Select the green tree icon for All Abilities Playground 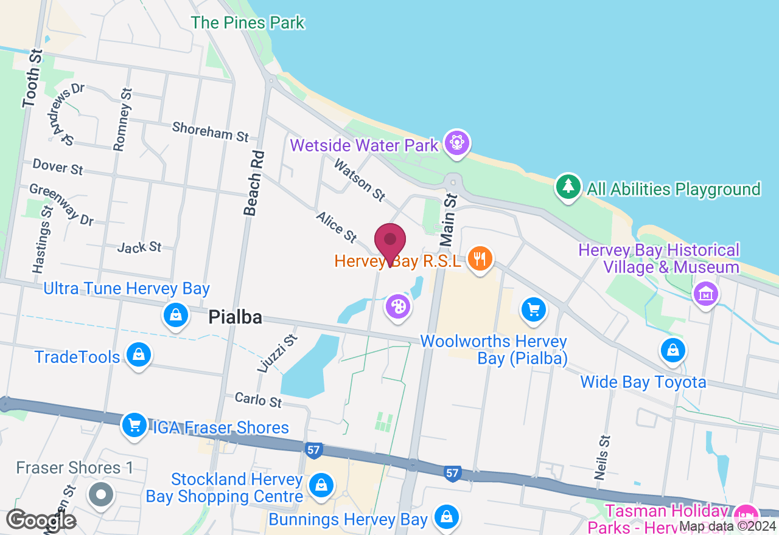click(x=568, y=187)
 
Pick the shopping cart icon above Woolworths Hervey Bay click(x=534, y=310)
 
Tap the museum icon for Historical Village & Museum click(x=706, y=294)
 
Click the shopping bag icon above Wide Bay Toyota click(x=673, y=350)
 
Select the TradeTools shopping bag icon click(x=139, y=355)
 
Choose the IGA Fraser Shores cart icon click(x=134, y=425)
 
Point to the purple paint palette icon click(x=398, y=305)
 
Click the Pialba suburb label click(x=235, y=317)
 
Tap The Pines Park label click(x=248, y=23)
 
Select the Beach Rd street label click(x=253, y=183)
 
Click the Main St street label click(x=449, y=220)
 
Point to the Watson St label click(x=360, y=179)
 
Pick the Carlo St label click(x=259, y=399)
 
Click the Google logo click(x=41, y=520)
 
